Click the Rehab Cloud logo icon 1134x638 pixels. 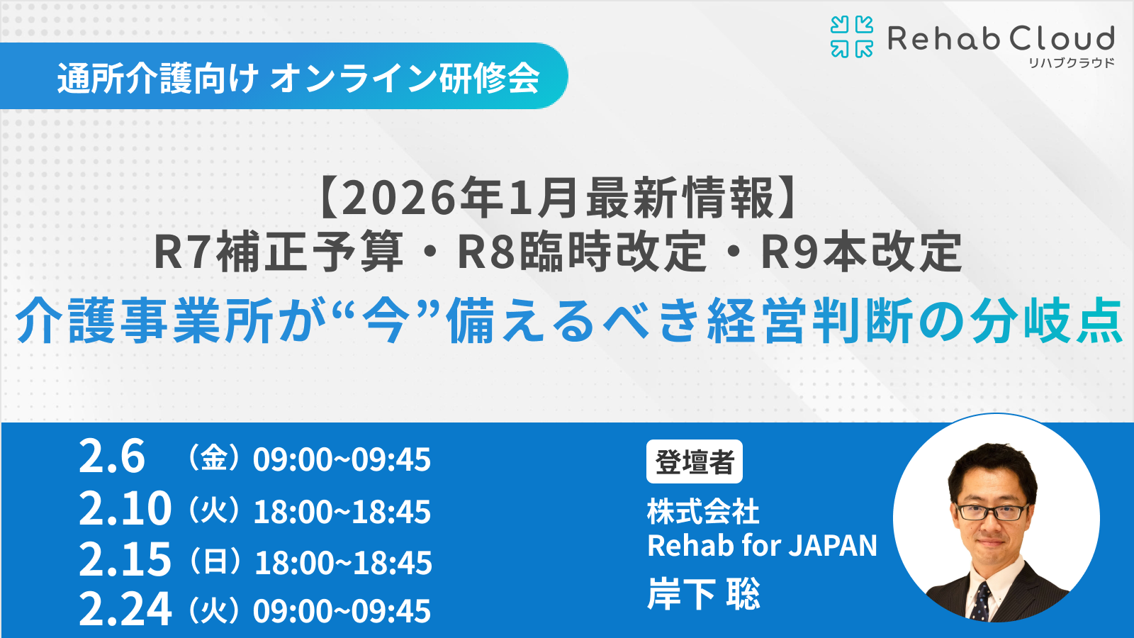coord(851,37)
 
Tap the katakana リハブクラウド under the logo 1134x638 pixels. coord(1072,63)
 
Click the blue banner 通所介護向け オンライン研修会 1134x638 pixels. coord(298,77)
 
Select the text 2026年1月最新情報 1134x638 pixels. coord(556,198)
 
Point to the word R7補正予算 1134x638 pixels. coord(278,252)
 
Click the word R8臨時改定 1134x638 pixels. coord(582,252)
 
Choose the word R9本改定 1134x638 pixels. coord(861,252)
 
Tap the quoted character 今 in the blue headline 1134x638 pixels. coord(386,321)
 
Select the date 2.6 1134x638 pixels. coord(111,457)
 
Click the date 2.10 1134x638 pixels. coord(125,508)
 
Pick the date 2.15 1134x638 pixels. coord(125,559)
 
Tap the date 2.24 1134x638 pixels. coord(125,609)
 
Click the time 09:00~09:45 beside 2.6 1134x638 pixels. coord(342,460)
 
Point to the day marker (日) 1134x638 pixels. coord(215,561)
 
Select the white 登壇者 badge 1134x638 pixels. coord(694,462)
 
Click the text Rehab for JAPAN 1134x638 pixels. coord(762,546)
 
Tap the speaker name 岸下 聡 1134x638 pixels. coord(703,594)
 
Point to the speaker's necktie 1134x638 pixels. coord(982,600)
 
